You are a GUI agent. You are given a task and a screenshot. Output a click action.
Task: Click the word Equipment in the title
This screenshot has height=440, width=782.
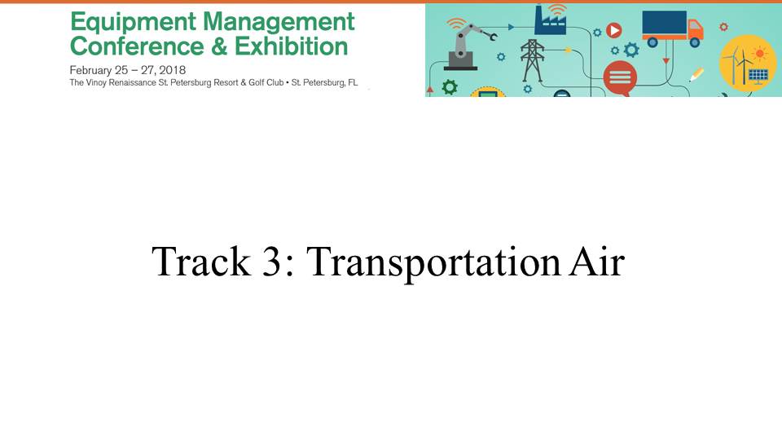coord(133,23)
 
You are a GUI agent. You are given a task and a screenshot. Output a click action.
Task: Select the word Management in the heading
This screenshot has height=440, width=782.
coord(279,21)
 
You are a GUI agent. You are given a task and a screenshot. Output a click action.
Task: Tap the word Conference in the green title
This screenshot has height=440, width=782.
coord(137,46)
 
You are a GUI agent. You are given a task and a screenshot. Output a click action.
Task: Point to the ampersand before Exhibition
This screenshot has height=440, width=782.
coord(219,46)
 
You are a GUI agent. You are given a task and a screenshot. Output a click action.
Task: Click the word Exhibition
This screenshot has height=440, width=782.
coord(292,46)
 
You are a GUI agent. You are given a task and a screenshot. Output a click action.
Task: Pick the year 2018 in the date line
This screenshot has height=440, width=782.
coord(172,70)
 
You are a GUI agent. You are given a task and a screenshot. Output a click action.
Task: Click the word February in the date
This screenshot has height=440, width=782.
coord(91,71)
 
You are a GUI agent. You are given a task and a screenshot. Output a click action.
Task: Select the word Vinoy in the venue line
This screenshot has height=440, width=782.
coord(96,83)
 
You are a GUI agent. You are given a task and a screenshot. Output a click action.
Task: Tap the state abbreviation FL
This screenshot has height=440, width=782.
coord(353,83)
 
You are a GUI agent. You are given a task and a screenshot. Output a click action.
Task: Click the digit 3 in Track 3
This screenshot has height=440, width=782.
coord(272,261)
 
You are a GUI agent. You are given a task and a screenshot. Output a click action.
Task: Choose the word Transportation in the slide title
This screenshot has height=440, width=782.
coord(433,262)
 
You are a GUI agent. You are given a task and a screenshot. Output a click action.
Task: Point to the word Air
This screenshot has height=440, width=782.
coord(596,261)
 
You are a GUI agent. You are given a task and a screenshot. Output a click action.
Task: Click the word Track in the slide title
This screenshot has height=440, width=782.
coord(200,261)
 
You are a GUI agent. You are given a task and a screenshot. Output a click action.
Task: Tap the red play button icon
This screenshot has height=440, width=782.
coord(614,30)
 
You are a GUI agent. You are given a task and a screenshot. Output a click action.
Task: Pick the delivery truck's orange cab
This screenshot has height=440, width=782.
coord(695,29)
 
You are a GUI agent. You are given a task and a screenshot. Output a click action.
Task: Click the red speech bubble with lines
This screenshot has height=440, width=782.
coord(620,78)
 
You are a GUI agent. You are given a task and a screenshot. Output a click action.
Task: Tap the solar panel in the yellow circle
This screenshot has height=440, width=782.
coord(758,76)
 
